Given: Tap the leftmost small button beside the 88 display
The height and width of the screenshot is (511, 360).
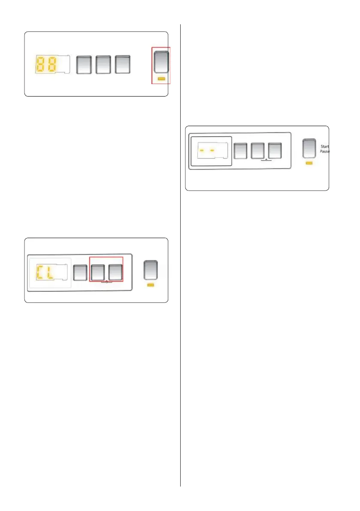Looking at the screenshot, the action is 84,64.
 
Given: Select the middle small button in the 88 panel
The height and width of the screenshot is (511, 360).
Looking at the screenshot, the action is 103,64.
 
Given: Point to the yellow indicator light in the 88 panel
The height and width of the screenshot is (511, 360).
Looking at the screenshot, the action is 161,79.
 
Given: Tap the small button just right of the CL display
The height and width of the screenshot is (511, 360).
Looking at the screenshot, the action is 80,272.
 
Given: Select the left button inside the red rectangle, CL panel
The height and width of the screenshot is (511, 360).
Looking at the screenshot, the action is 98,272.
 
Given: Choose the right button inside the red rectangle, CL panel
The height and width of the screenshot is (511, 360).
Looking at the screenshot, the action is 115,272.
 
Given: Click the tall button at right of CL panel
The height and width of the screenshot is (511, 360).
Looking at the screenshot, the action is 150,270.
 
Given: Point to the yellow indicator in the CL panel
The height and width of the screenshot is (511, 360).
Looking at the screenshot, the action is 150,285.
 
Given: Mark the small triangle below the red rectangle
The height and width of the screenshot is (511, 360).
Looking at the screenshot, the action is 106,282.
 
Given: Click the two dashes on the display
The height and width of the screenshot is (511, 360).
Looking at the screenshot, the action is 206,151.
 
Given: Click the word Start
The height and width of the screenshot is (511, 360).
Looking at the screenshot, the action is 324,147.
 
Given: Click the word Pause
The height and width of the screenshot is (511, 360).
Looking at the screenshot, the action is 324,152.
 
